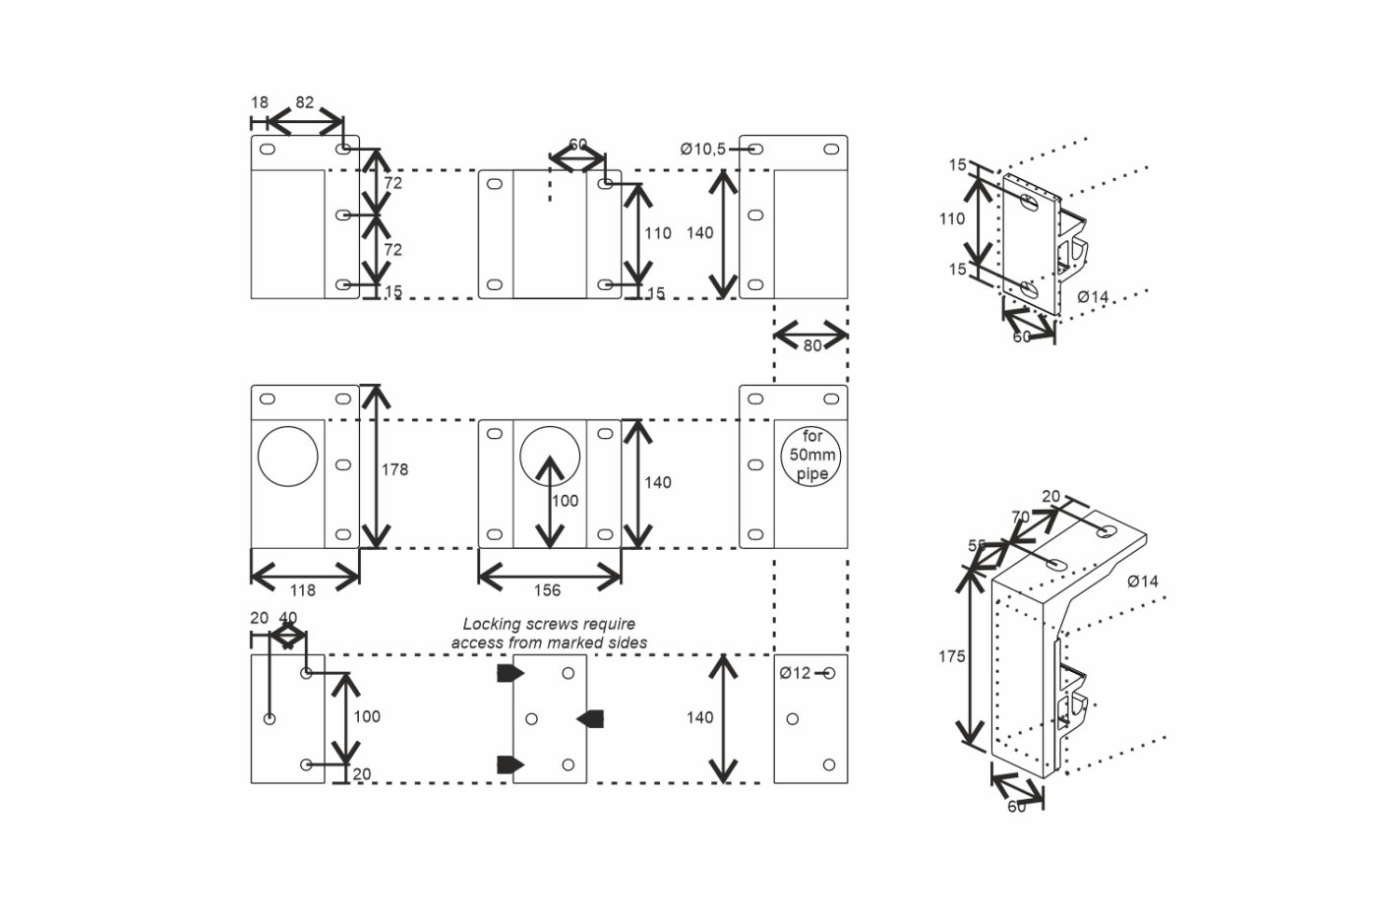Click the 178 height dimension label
pos(394,470)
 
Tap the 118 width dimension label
pos(303,590)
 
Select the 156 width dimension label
pos(547,590)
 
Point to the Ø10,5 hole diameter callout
pos(703,149)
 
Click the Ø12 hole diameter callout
pos(796,674)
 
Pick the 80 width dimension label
pos(812,345)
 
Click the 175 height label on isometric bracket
pos(952,657)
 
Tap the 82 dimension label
pos(304,102)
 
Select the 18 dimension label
pos(260,102)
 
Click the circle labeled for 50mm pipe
pos(810,426)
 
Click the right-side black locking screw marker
pos(590,718)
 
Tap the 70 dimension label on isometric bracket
pos(1021,517)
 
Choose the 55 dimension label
pos(977,545)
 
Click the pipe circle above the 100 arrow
pos(550,426)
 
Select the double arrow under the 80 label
pos(810,335)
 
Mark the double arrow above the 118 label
pos(305,577)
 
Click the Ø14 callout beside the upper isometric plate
pos(1093,297)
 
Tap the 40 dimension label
pos(287,618)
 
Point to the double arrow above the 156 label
pos(550,577)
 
